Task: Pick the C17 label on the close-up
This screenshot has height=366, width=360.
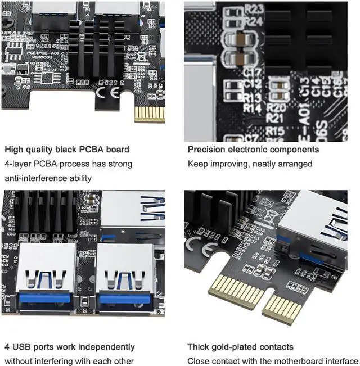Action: [253, 72]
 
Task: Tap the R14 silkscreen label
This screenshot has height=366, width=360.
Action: [253, 107]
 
